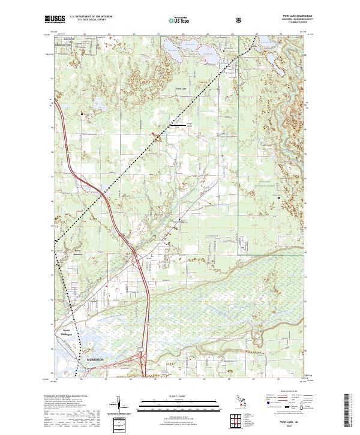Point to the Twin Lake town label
pyautogui.click(x=181, y=88)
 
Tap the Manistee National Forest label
pyautogui.click(x=268, y=185)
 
